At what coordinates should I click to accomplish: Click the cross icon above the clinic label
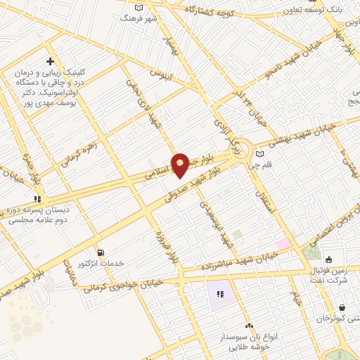pyautogui.click(x=50, y=62)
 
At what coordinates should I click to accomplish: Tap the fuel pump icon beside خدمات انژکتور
pyautogui.click(x=101, y=252)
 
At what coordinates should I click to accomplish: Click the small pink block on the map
pyautogui.click(x=283, y=244)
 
